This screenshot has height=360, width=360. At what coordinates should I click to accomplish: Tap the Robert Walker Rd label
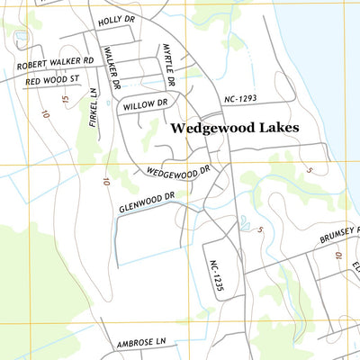(55, 64)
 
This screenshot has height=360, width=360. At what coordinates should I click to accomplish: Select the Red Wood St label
(53, 81)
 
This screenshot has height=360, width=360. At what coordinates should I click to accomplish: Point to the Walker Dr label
(112, 68)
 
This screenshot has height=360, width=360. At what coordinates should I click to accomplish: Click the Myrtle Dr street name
(168, 64)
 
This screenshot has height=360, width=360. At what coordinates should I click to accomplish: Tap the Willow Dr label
(144, 105)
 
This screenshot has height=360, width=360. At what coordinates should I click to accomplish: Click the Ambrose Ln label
(142, 343)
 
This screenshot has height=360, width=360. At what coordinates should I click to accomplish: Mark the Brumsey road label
(338, 236)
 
